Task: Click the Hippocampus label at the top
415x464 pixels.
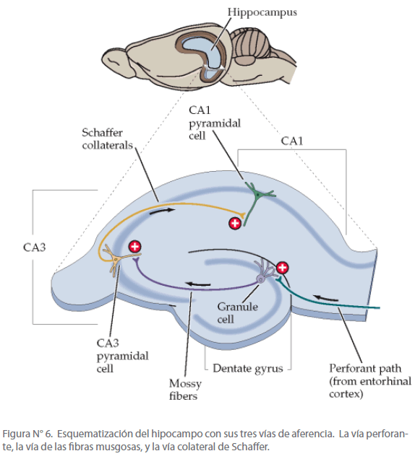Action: pyautogui.click(x=262, y=13)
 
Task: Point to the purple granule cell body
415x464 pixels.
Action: pyautogui.click(x=261, y=279)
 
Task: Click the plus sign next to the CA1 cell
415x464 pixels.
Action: pyautogui.click(x=235, y=223)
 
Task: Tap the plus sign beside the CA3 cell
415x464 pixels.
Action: pyautogui.click(x=135, y=247)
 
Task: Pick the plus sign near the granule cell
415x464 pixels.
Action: pyautogui.click(x=282, y=268)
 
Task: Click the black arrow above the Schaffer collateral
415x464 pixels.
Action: pyautogui.click(x=162, y=211)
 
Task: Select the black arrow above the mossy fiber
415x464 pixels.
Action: pyautogui.click(x=197, y=284)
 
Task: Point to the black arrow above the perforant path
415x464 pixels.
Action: pyautogui.click(x=326, y=298)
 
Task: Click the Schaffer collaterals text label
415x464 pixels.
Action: pyautogui.click(x=107, y=139)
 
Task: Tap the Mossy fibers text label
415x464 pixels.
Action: pyautogui.click(x=185, y=390)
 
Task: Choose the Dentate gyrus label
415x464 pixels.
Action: pyautogui.click(x=248, y=369)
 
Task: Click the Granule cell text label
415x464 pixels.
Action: pyautogui.click(x=237, y=312)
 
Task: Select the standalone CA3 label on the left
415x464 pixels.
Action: pyautogui.click(x=35, y=248)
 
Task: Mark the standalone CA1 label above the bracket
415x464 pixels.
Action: pyautogui.click(x=292, y=141)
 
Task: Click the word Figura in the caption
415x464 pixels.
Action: pyautogui.click(x=16, y=434)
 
